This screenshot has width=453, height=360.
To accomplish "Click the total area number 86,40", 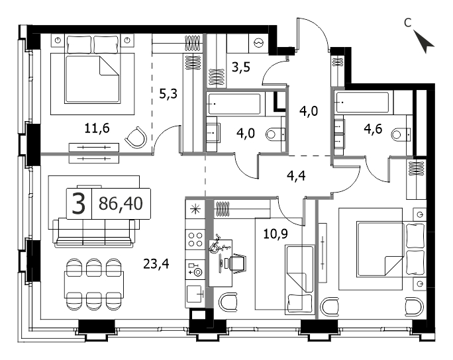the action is pyautogui.click(x=121, y=203).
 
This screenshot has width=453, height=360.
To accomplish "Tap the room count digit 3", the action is pyautogui.click(x=79, y=204).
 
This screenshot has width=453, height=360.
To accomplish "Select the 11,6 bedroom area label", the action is pyautogui.click(x=97, y=128).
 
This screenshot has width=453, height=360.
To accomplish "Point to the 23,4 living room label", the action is pyautogui.click(x=156, y=263).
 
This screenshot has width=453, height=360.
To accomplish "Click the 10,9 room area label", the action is pyautogui.click(x=276, y=234).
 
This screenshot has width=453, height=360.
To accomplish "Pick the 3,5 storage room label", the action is pyautogui.click(x=241, y=67).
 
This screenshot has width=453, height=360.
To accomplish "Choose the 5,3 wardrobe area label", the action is pyautogui.click(x=168, y=93).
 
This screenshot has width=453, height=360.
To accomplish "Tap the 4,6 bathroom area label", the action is pyautogui.click(x=373, y=129).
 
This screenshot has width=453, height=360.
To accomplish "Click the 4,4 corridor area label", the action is pyautogui.click(x=296, y=175).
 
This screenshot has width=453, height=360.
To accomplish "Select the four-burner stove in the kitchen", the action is pyautogui.click(x=195, y=240).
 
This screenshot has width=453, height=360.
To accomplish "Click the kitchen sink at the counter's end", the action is pyautogui.click(x=195, y=294).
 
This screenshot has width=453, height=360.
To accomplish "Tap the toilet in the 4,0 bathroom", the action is pyautogui.click(x=276, y=134).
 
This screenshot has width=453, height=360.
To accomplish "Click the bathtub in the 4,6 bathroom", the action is pyautogui.click(x=362, y=102).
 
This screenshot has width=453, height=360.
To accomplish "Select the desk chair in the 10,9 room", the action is pyautogui.click(x=238, y=262).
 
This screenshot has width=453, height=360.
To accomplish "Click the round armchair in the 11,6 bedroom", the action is pyautogui.click(x=136, y=138).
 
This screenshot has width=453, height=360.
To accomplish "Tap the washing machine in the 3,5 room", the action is pyautogui.click(x=258, y=43).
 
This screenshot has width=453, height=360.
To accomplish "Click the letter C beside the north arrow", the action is pyautogui.click(x=408, y=22).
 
